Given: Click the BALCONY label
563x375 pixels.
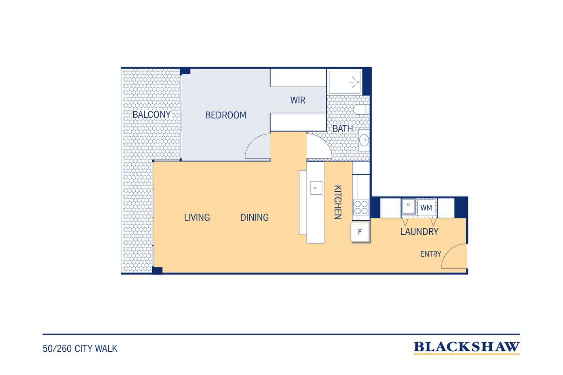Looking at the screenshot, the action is coord(151,115).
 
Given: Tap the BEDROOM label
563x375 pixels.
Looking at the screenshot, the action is coord(226,115).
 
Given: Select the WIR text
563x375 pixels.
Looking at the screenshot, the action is coord(298,100).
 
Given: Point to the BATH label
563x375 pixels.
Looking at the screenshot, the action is coord(343,129).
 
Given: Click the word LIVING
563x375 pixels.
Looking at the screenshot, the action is coord(197,217).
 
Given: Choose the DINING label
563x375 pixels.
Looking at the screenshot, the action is coord(254,217).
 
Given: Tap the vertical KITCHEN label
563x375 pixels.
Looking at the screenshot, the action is coord(337,202).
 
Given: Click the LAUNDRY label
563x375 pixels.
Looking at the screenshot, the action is coord(419,232).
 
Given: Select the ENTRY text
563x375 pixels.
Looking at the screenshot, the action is coord(431,254).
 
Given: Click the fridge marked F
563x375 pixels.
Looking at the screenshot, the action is coord(360,232).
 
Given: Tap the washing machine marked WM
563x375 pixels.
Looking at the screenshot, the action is coord(427,208).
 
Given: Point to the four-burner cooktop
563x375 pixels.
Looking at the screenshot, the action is coord(361,207).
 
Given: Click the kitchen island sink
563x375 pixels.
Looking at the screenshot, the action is coord(316,188).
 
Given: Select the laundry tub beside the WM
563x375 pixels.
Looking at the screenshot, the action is coord(409,206).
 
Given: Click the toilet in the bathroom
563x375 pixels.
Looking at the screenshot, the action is coord(361,109).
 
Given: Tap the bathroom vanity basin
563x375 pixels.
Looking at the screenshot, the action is coord(364,140).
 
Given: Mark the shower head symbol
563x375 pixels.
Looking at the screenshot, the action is coord(355,82).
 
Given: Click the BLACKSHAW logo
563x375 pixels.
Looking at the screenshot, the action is coord(467,347).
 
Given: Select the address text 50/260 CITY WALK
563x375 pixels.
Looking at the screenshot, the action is coord(80,349).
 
